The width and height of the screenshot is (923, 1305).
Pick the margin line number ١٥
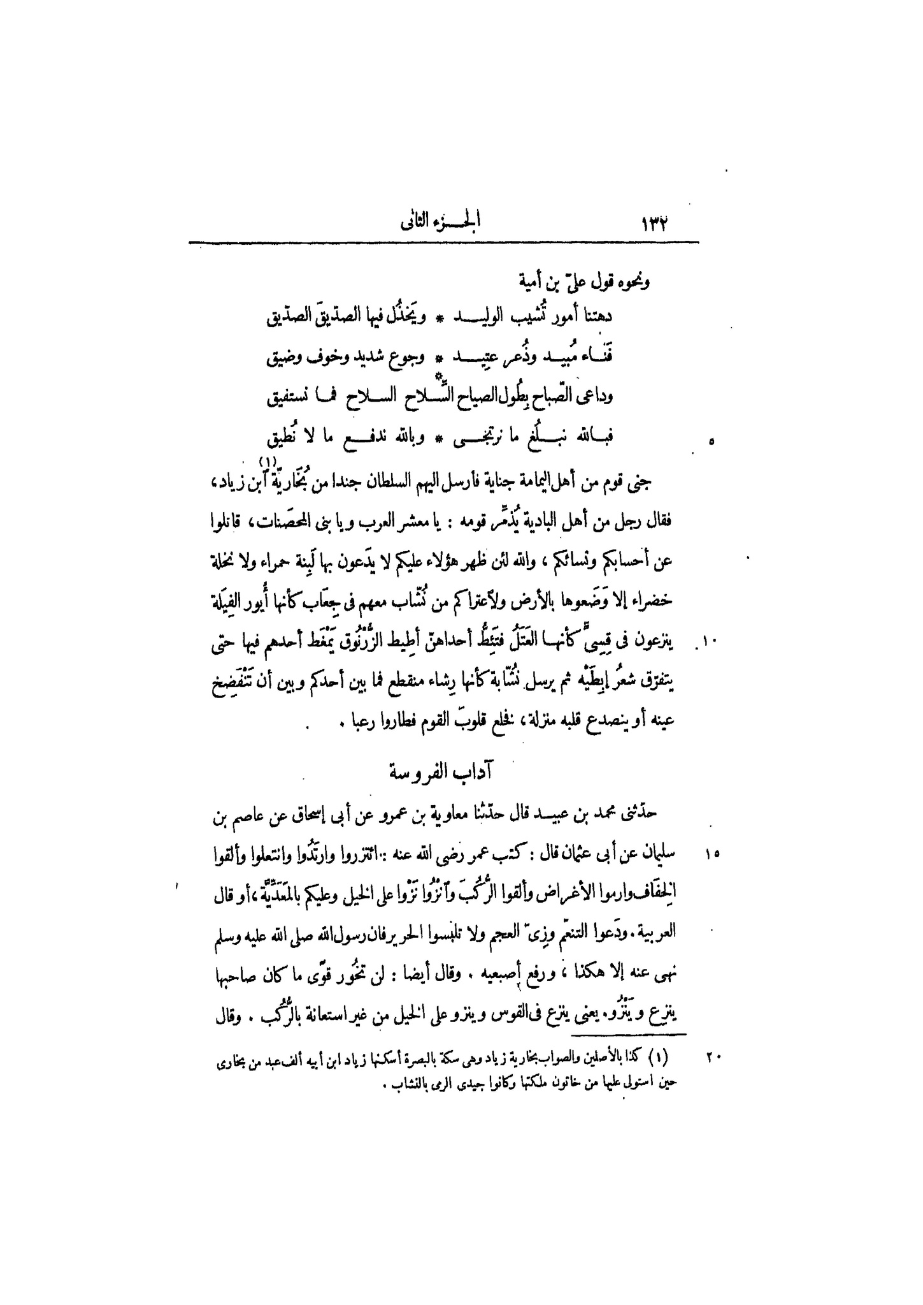(712, 853)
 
